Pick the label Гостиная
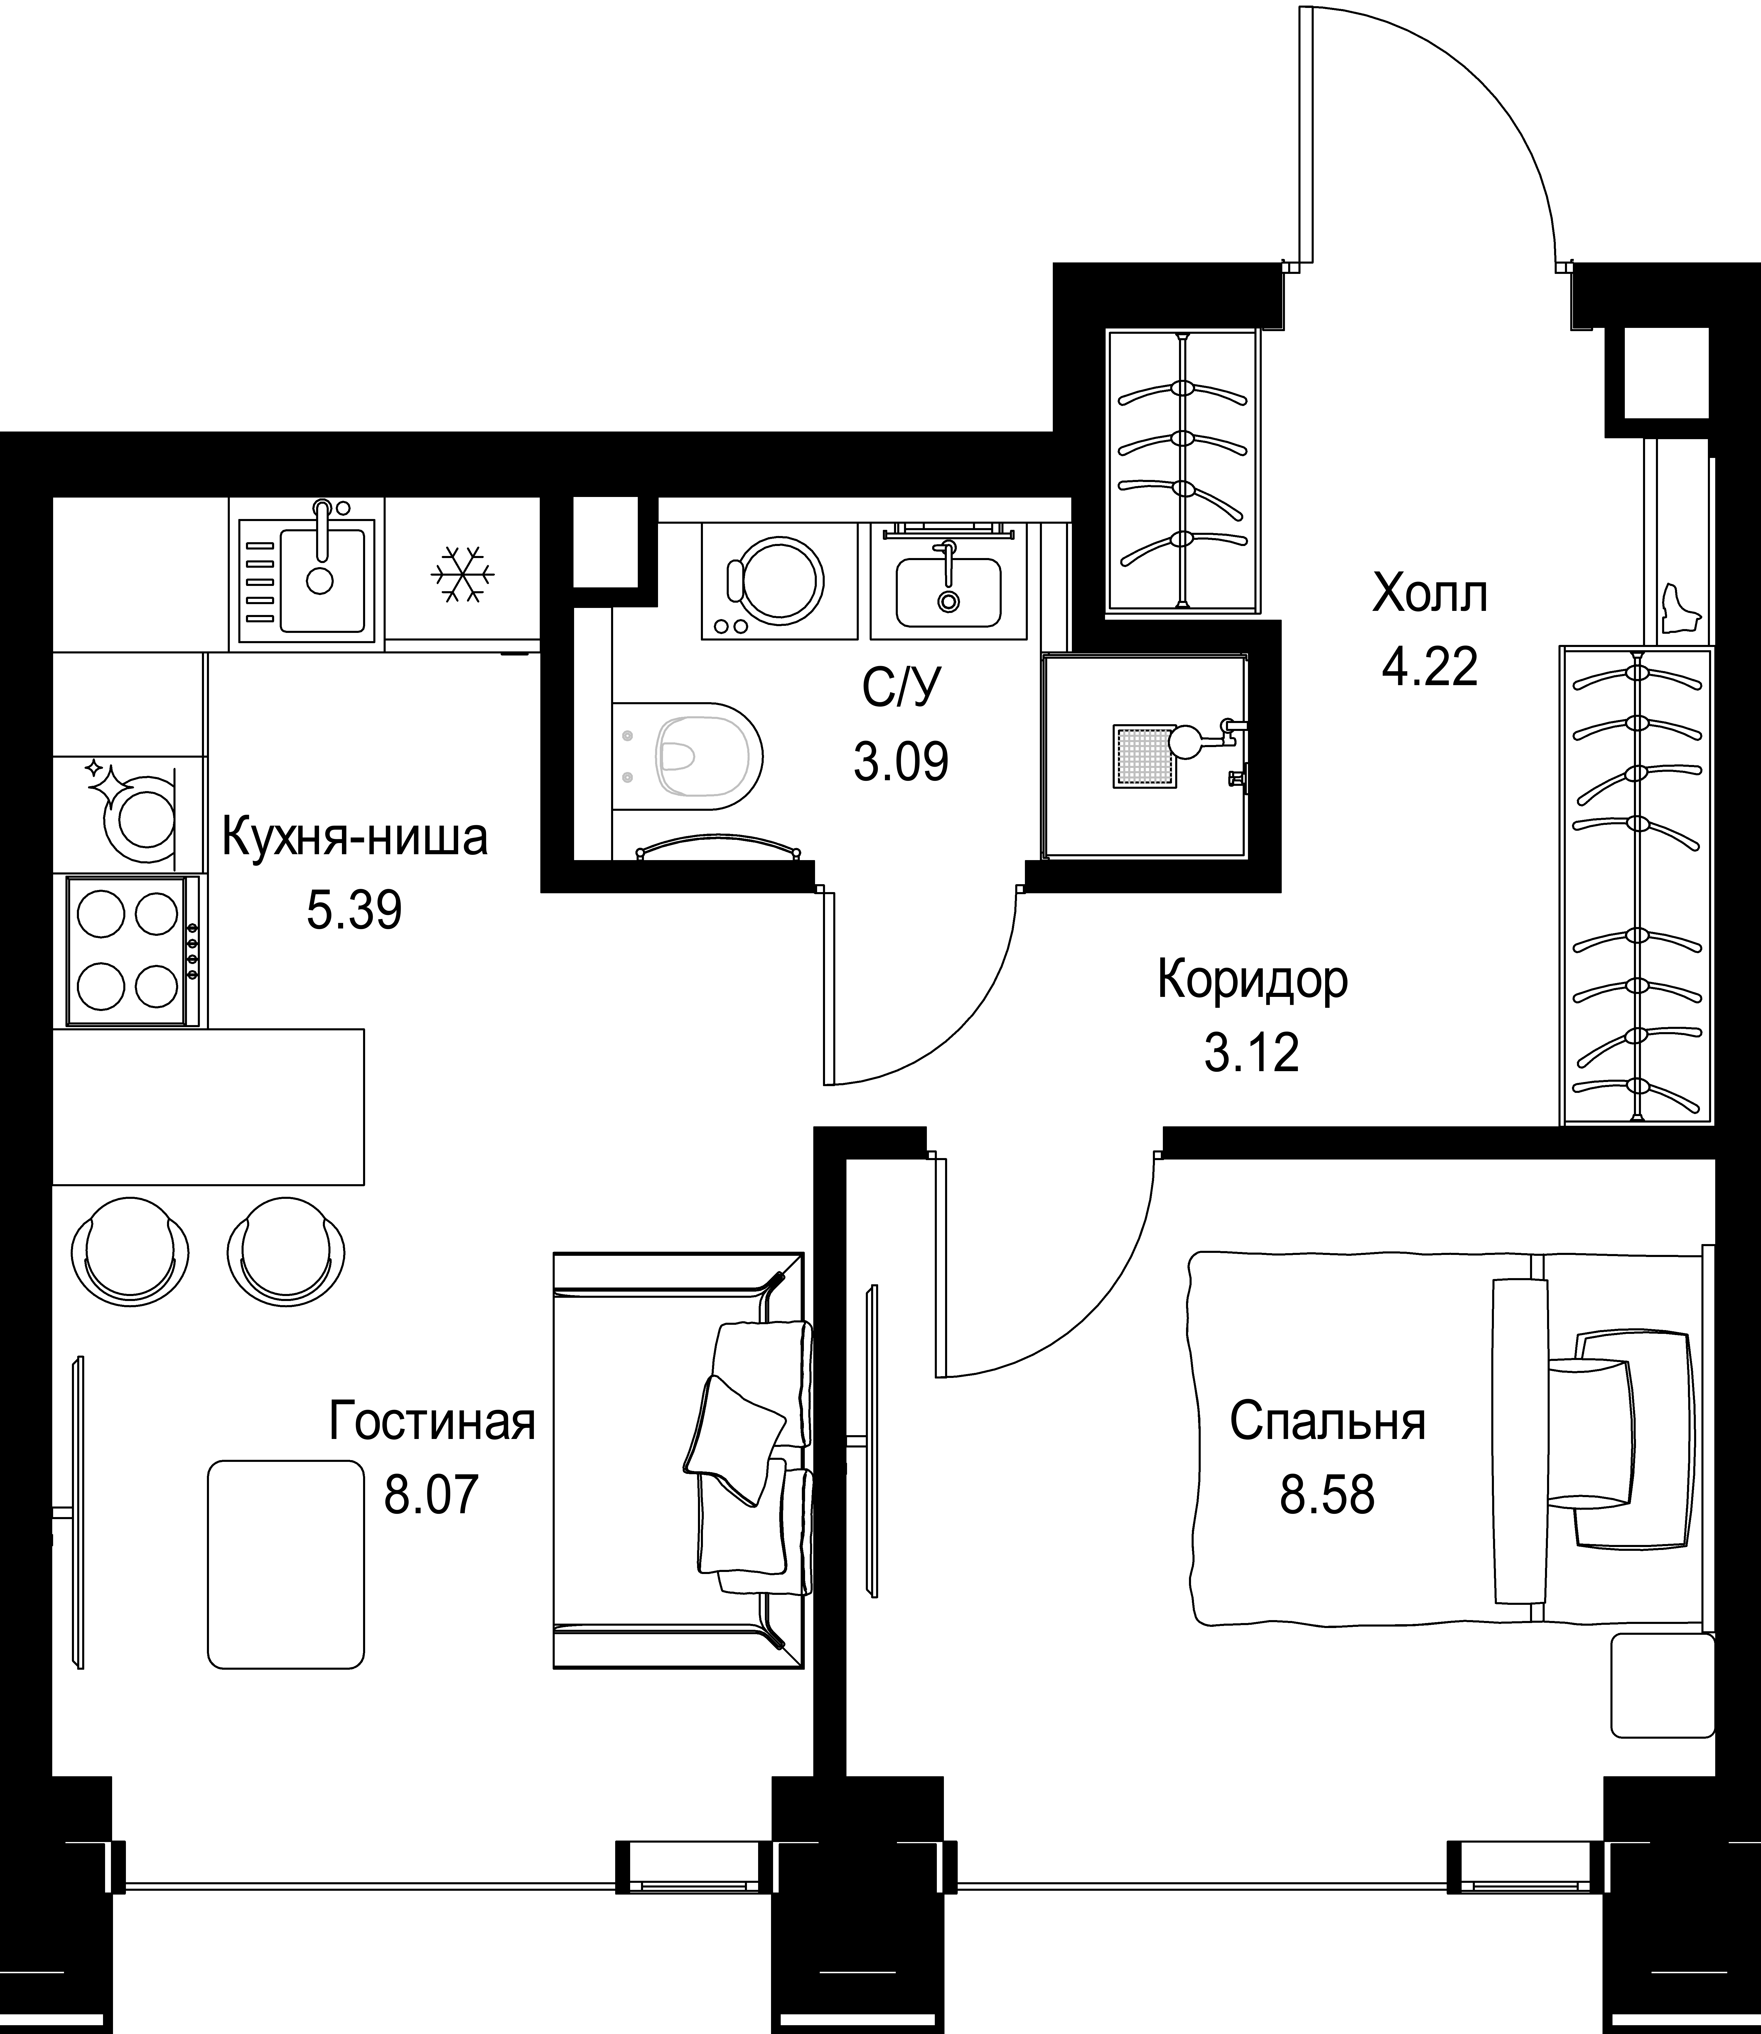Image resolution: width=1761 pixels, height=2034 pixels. click(x=432, y=1422)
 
